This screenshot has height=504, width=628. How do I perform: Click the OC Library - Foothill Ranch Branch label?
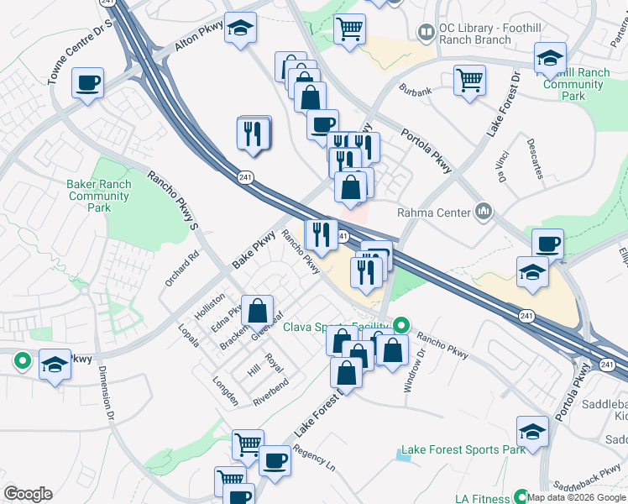(474, 34)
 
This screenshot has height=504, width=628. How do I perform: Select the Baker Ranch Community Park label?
(99, 196)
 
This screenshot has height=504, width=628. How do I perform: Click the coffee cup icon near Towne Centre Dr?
(87, 83)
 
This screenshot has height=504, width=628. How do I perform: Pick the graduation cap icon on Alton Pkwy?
(240, 29)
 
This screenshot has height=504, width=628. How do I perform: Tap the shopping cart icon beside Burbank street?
(469, 81)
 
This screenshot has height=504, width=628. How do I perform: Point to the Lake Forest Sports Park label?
(463, 449)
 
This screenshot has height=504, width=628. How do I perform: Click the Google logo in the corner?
(28, 494)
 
